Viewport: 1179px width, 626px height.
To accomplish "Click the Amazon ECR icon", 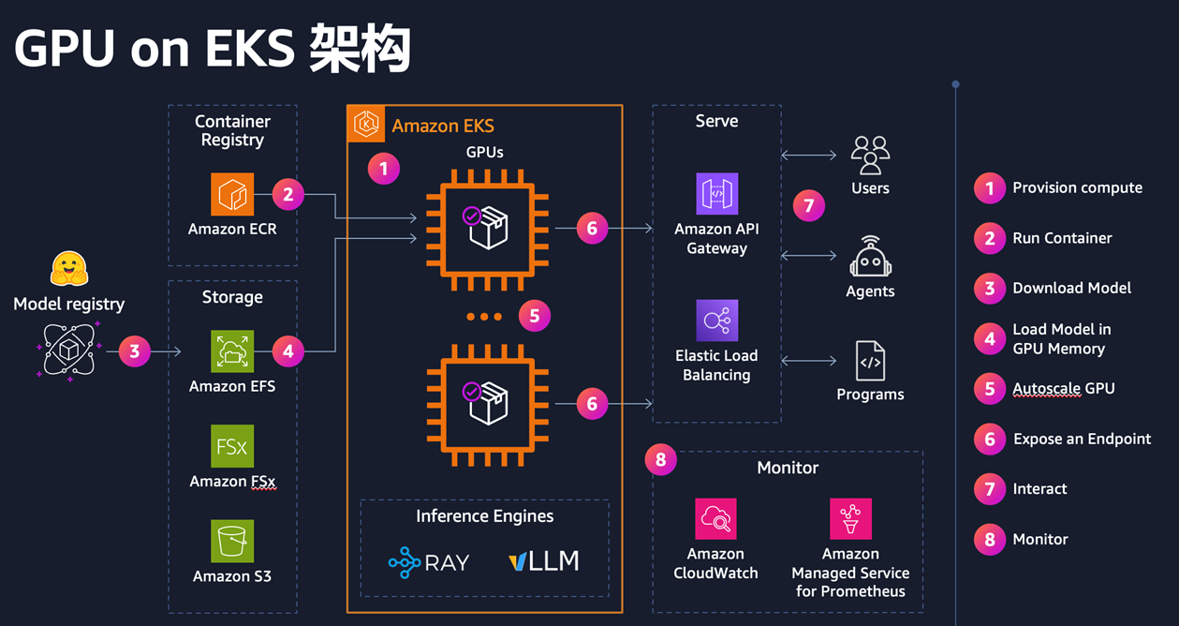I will pos(231,194).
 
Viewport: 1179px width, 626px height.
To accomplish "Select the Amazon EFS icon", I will pos(231,351).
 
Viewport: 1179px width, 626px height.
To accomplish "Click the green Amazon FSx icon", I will pos(231,446).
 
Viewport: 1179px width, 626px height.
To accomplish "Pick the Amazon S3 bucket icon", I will pos(231,542).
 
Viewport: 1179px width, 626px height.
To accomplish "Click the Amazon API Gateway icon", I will pos(716,194).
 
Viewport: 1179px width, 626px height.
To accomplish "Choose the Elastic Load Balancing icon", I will pos(716,320).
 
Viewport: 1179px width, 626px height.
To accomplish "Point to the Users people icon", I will pos(870,156).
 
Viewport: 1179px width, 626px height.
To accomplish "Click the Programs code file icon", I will pos(870,361).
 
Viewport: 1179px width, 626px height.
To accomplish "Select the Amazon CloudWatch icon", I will pos(715,519).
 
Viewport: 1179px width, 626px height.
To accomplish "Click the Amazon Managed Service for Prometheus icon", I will pos(850,519).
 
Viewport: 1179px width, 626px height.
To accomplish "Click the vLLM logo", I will pos(544,561).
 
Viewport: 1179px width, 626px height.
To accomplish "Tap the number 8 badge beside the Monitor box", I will pos(661,459).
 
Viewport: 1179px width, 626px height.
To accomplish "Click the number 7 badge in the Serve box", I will pos(809,205).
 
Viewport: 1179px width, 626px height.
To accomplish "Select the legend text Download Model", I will pos(1071,289).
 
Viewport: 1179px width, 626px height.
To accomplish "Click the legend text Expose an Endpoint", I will pos(1082,439).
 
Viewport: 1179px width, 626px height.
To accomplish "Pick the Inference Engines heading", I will pos(484,516).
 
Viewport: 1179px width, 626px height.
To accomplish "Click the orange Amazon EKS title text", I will pos(442,126).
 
